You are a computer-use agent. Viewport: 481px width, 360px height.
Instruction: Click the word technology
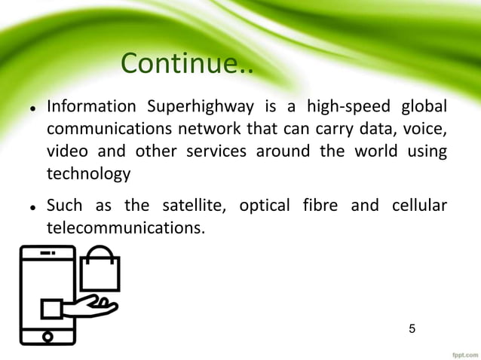(x=88, y=174)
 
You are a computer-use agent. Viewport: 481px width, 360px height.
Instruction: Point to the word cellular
(x=418, y=205)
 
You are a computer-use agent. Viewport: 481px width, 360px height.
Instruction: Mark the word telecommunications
(x=124, y=228)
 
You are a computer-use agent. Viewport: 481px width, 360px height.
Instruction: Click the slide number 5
(x=412, y=328)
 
